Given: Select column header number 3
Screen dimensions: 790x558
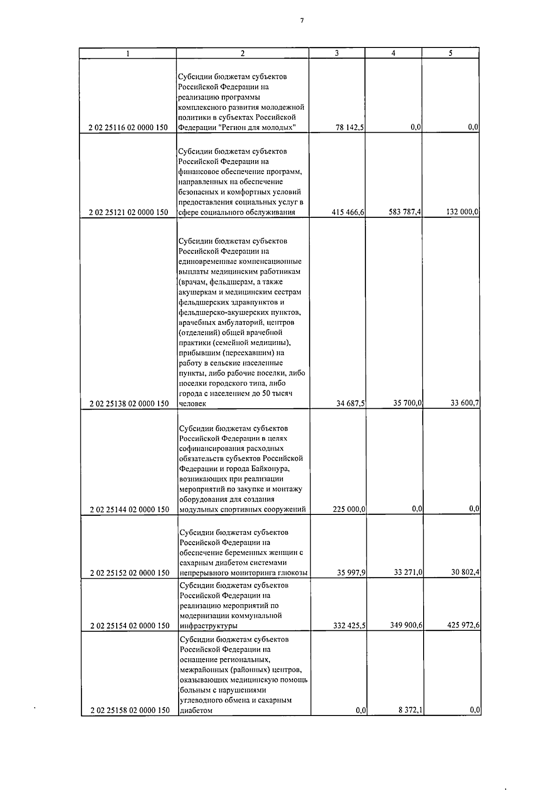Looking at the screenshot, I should [337, 53].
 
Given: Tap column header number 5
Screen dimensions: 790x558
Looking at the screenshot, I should [450, 53].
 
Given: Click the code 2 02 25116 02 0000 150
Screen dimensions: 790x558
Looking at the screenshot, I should [129, 128].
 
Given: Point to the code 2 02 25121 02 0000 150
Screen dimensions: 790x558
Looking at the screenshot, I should [129, 213].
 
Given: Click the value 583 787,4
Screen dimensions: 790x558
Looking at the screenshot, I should [405, 212].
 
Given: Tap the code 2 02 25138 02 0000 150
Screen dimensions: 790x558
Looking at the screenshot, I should [129, 404].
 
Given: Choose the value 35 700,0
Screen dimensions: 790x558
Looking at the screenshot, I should [407, 403].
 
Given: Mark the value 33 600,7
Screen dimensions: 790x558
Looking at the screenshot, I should [465, 403].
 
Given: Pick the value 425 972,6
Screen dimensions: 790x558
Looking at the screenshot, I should [463, 625].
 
